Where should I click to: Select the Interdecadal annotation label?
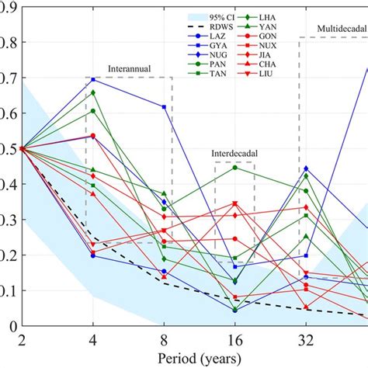pyautogui.click(x=234, y=154)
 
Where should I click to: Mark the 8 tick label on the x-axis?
pyautogui.click(x=164, y=339)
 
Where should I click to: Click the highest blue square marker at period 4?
pyautogui.click(x=93, y=79)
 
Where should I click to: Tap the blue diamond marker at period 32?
pyautogui.click(x=306, y=168)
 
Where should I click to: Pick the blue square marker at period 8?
pyautogui.click(x=164, y=106)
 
